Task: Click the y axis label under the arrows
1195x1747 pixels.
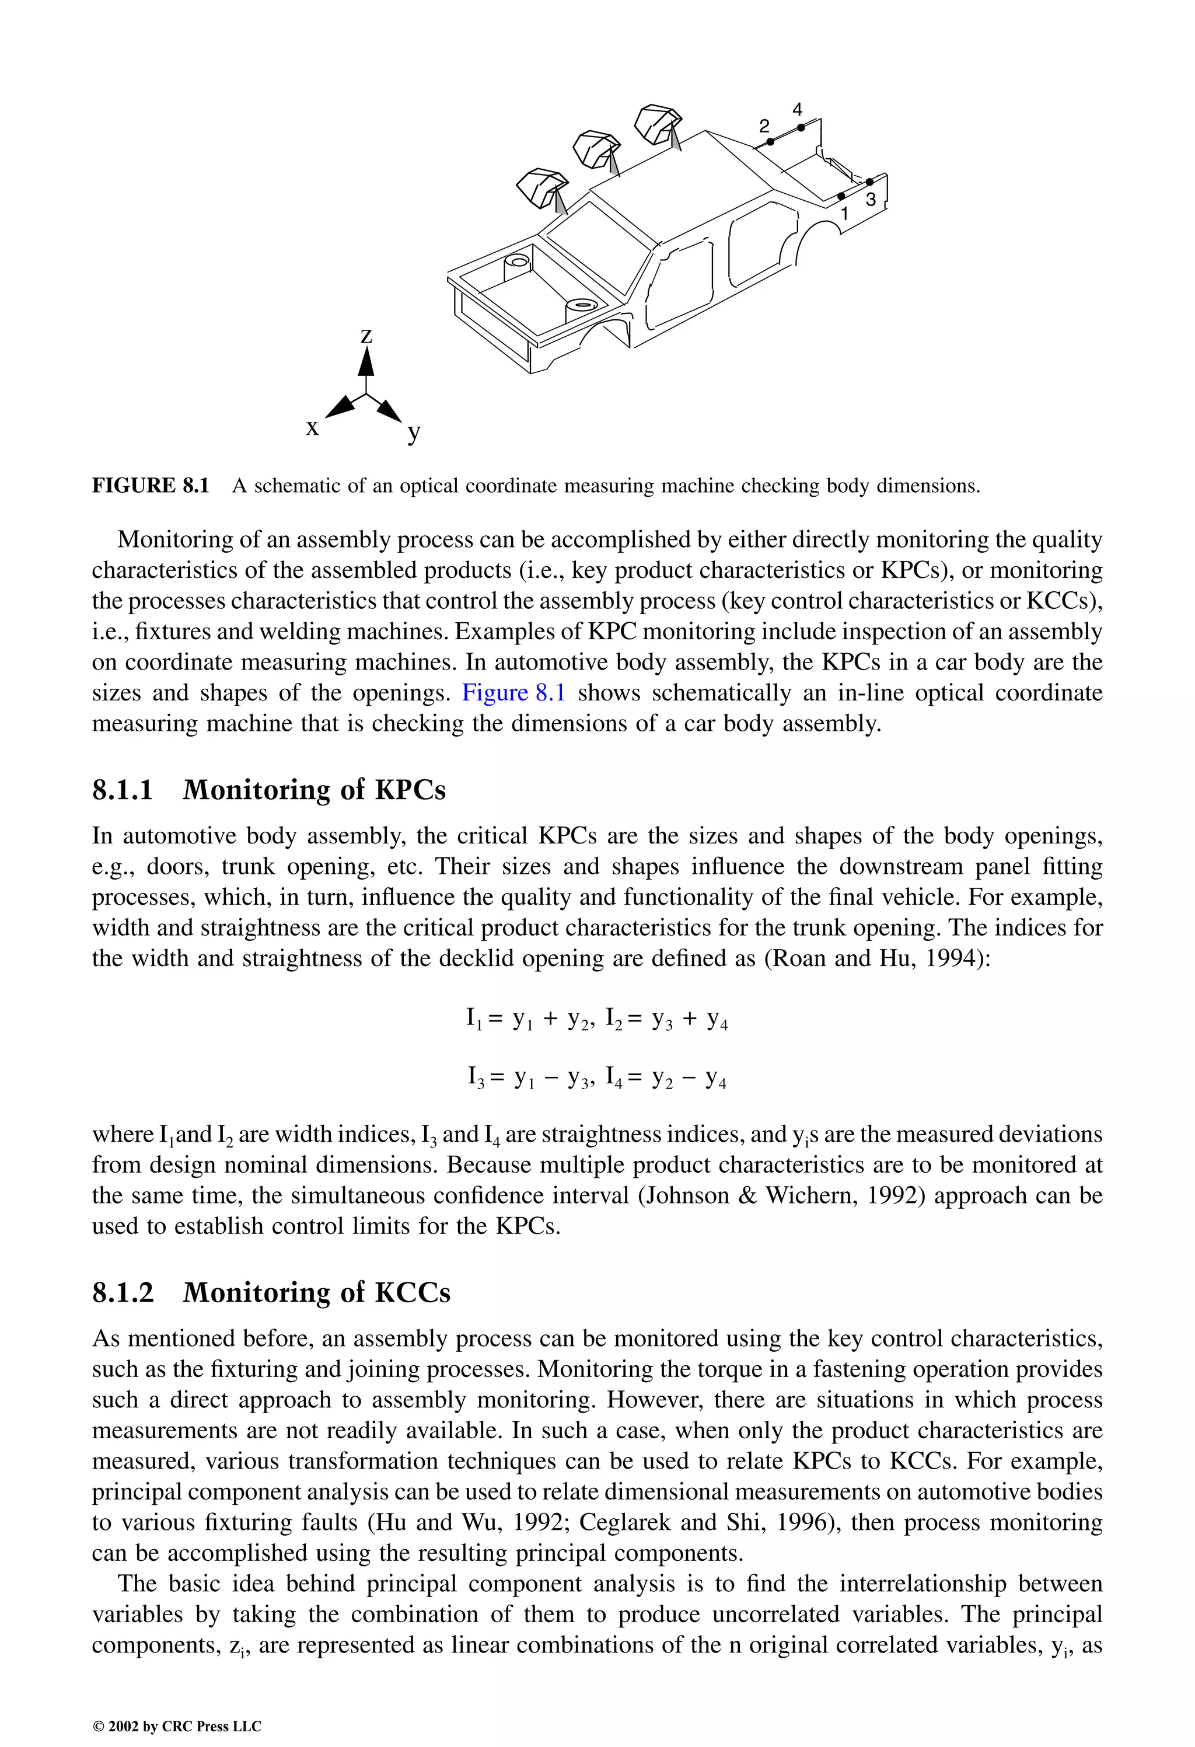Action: (413, 433)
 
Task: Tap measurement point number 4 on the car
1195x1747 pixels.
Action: (798, 110)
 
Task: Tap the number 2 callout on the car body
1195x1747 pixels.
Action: (764, 125)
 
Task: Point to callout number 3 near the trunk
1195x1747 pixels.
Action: (871, 199)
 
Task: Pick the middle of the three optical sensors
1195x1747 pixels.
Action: (597, 149)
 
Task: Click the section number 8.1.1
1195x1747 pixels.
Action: (123, 790)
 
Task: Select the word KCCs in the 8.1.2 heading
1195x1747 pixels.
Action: (412, 1292)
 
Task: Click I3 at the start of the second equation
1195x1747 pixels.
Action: (475, 1079)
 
